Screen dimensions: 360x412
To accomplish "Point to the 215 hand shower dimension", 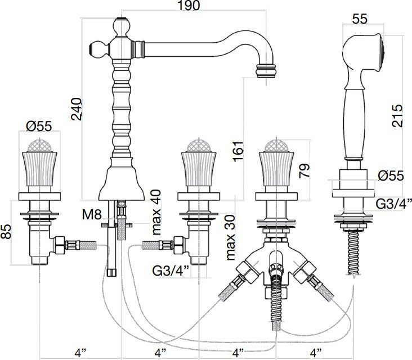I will pos(397,115).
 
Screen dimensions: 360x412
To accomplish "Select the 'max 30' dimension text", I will pos(230,236).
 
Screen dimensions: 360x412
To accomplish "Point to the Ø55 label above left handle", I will pos(39,127).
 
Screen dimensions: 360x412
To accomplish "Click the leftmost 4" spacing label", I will pos(80,353).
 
